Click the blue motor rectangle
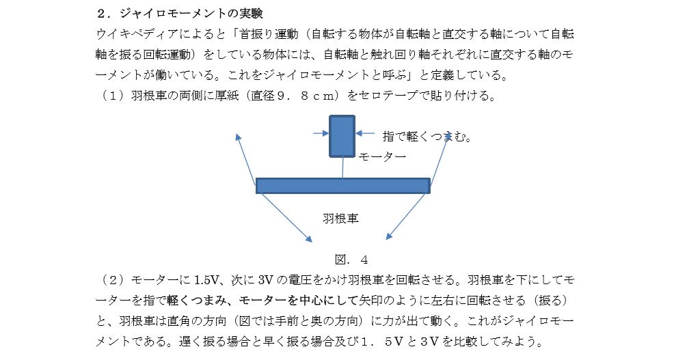(342, 136)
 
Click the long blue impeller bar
(343, 186)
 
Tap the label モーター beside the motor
(382, 157)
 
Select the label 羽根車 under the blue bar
(340, 218)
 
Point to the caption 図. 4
(351, 260)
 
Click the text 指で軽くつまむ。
(427, 137)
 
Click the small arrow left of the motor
(321, 134)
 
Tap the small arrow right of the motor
(365, 134)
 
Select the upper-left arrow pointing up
(245, 159)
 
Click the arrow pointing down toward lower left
(407, 216)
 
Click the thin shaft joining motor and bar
(342, 167)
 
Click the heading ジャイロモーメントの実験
(191, 13)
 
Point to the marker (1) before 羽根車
(113, 95)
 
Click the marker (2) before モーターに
(113, 280)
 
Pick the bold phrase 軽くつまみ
(196, 301)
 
